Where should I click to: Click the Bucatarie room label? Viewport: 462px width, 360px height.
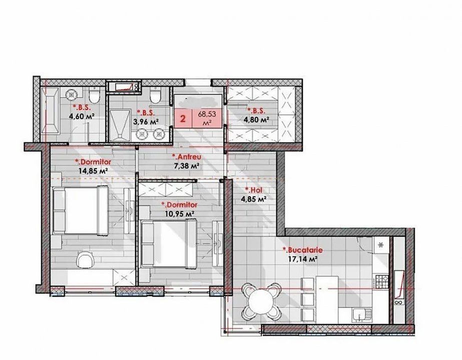303,250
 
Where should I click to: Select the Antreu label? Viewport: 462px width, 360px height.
187,156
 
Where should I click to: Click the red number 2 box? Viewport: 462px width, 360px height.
183,119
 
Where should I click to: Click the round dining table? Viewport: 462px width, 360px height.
261,302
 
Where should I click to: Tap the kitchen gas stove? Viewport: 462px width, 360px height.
382,281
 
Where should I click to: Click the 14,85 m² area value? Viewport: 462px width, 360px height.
93,170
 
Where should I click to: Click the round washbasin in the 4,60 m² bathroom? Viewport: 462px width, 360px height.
72,94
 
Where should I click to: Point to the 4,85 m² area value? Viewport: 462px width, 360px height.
254,199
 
